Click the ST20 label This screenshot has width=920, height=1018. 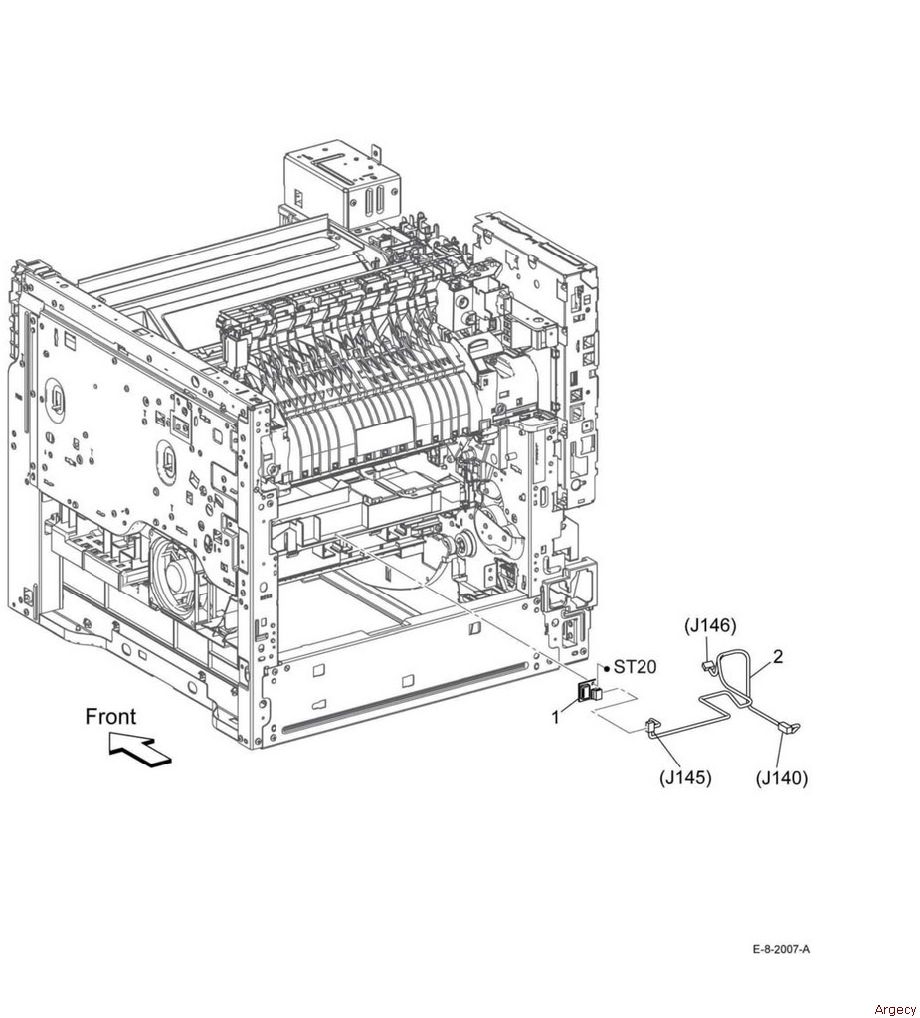(x=635, y=666)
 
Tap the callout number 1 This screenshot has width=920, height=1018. (x=556, y=717)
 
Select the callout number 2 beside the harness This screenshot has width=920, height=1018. (x=778, y=657)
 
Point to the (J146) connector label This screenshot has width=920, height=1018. (x=710, y=625)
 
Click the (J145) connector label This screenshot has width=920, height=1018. (x=685, y=777)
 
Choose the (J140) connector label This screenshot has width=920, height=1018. (x=782, y=777)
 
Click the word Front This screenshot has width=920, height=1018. (x=111, y=716)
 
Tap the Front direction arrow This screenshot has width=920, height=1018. (x=140, y=750)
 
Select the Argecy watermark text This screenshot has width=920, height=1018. (x=895, y=1009)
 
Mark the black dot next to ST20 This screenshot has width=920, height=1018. (x=606, y=667)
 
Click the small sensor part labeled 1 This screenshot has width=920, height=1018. (x=589, y=692)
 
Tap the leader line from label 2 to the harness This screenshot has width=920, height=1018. (x=762, y=669)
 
